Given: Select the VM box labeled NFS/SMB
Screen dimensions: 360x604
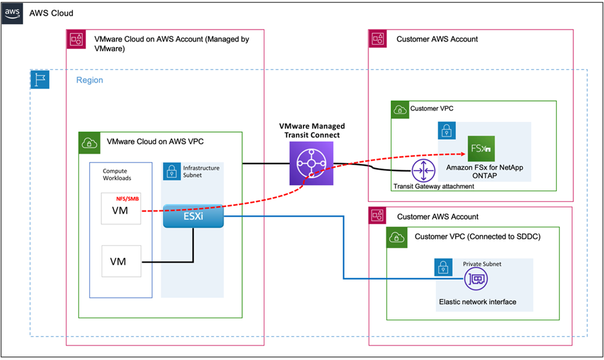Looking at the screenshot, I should point(121,208).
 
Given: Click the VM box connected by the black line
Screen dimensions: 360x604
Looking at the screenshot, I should point(121,261).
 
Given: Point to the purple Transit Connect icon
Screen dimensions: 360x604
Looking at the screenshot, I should point(311,164).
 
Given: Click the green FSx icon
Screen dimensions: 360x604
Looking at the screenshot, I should point(481,148).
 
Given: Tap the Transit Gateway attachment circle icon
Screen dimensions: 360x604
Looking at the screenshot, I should point(424,171).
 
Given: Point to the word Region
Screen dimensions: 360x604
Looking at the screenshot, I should point(89,80).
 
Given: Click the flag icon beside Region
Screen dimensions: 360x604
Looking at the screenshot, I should point(40,80).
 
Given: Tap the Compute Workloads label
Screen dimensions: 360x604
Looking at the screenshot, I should point(117,175).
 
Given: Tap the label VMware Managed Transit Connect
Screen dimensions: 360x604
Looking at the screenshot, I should point(312,130).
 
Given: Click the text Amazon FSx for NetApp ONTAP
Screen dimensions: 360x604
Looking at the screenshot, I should point(481,171).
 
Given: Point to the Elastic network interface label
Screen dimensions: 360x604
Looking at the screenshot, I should point(477,302).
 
